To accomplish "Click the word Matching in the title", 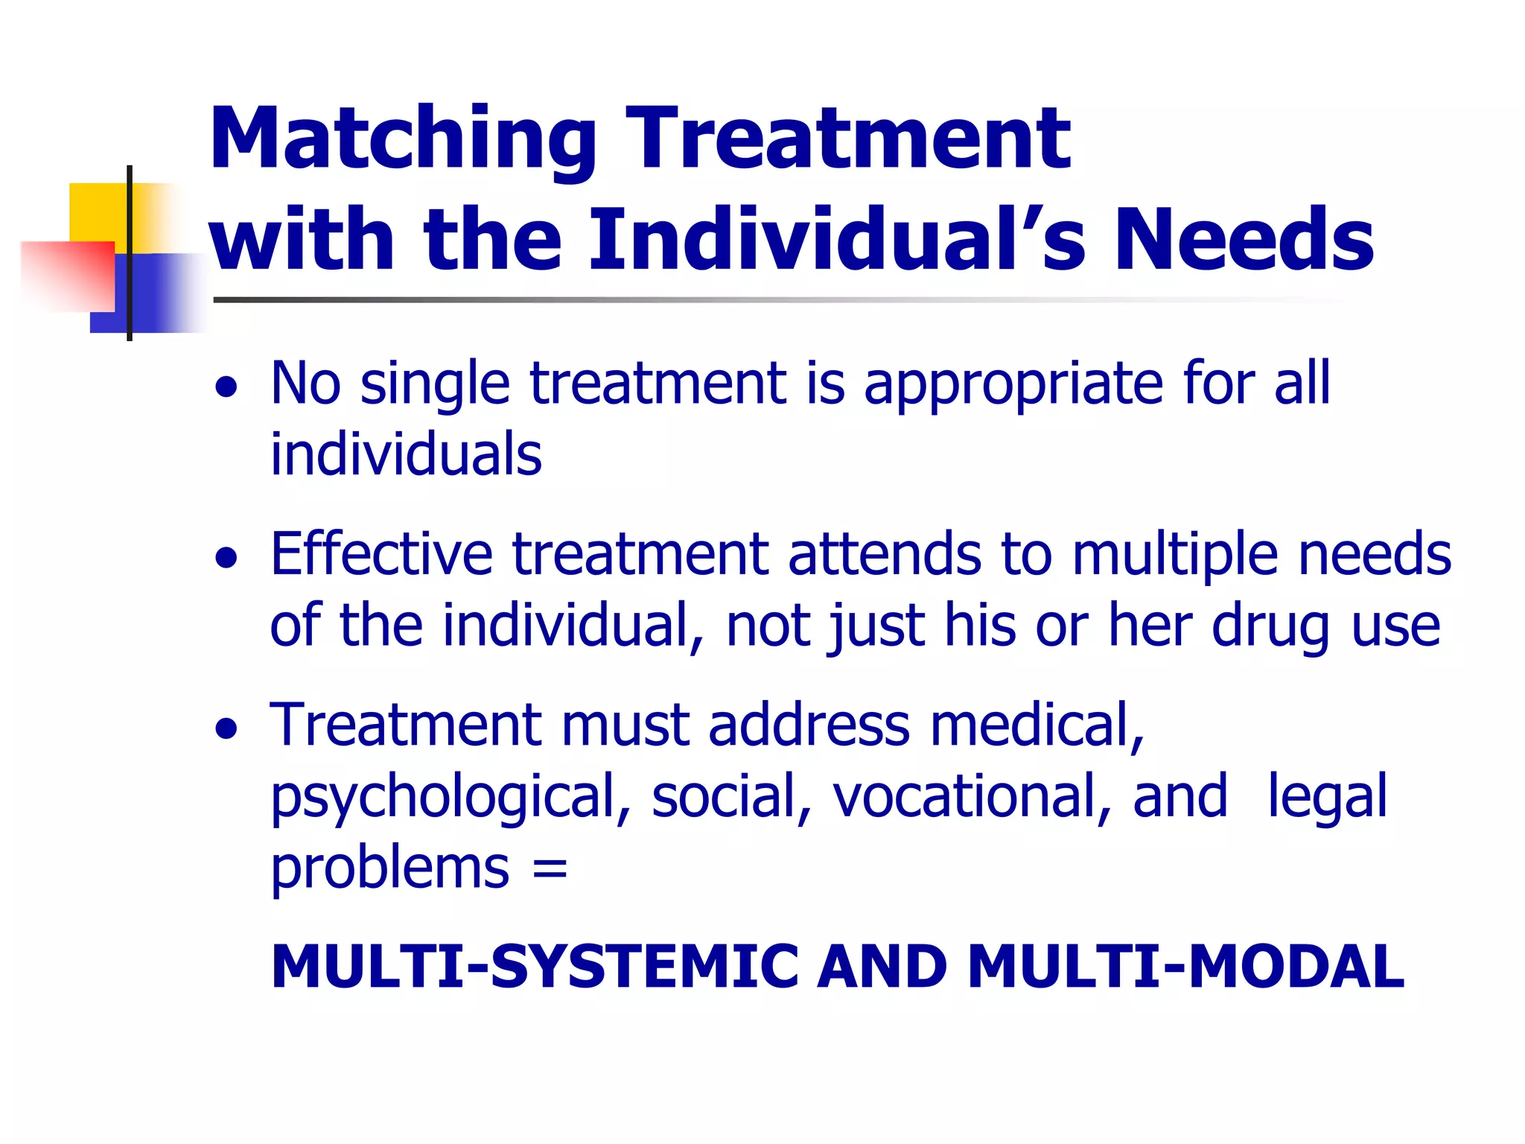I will point(403,140).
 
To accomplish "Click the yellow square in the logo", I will point(97,212).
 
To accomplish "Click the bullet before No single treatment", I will point(226,387).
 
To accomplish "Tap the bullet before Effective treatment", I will point(226,558).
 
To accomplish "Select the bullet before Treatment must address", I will point(226,729).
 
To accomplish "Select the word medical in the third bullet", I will point(1036,725).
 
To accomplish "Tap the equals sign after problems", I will point(550,868).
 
